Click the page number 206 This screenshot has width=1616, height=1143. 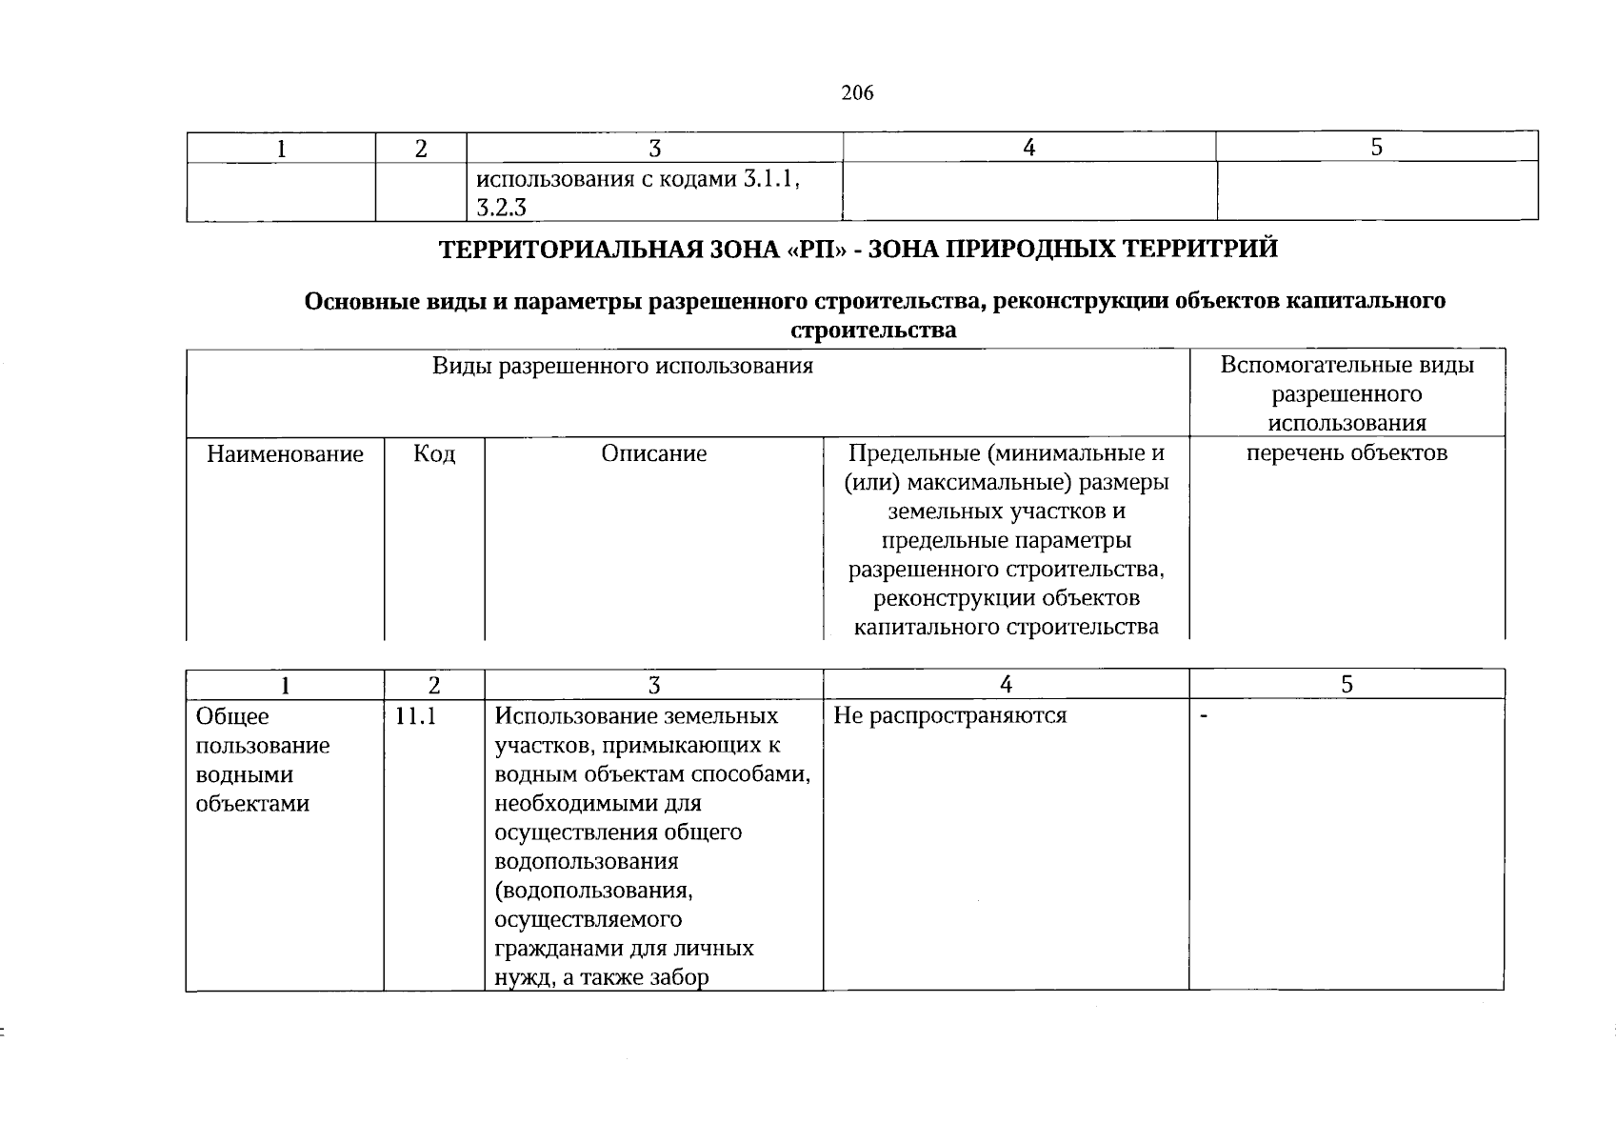857,93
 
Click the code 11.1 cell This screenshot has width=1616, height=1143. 416,716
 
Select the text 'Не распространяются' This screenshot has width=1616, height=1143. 949,715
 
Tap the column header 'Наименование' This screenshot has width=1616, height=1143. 285,454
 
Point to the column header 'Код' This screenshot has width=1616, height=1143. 433,454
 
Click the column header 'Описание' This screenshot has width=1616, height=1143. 653,454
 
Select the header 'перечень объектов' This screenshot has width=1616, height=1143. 1347,453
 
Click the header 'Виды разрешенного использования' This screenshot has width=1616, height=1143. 623,367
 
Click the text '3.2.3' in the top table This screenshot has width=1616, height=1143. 501,209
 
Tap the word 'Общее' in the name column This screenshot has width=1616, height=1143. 232,716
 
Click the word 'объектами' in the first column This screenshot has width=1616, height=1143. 252,804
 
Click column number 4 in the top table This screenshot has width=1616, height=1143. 1027,148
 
